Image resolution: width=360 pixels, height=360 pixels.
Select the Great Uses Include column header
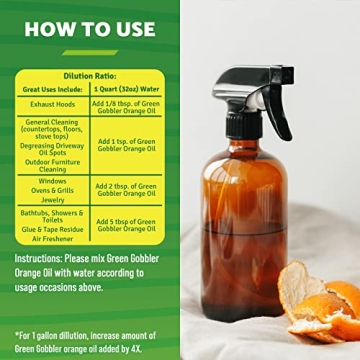point(53,89)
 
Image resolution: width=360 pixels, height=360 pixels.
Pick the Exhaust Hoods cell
point(53,103)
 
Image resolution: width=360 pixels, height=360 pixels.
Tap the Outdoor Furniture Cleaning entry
point(53,165)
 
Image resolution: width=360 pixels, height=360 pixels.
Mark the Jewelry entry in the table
point(53,200)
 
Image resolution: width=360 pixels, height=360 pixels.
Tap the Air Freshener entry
point(53,239)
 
